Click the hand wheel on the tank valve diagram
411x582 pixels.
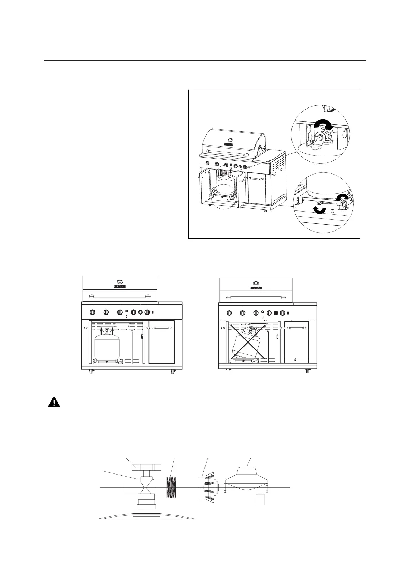tap(146, 467)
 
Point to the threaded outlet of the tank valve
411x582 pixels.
tap(172, 487)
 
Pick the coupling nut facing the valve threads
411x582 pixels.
tap(205, 487)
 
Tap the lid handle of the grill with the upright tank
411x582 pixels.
tap(120, 296)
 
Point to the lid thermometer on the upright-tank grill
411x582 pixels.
tap(120, 281)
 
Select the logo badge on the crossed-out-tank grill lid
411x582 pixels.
tap(256, 288)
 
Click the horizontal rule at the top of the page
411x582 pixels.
tap(205, 60)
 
